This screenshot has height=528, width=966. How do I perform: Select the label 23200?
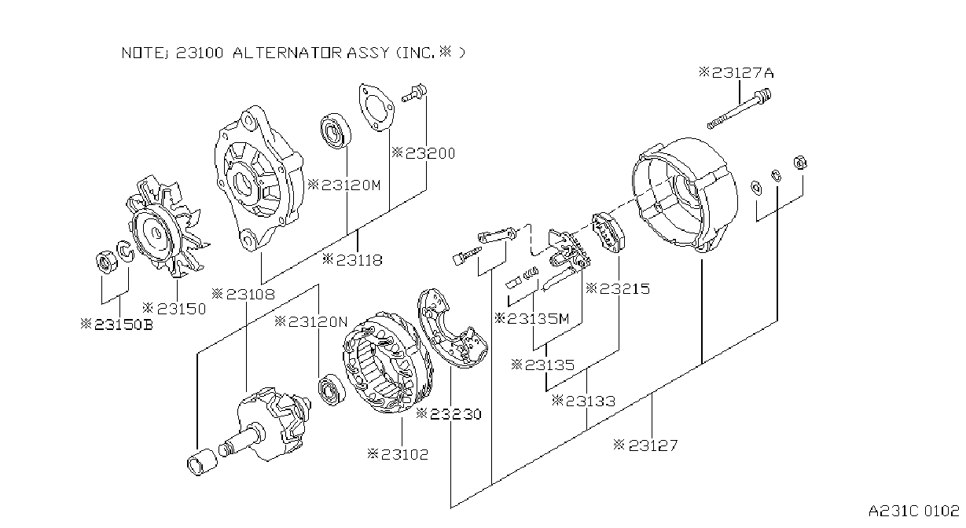coord(424,153)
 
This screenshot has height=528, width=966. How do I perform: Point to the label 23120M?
coord(344,185)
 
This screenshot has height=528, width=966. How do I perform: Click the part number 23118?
coord(353,260)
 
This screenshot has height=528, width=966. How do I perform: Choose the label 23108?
coord(243,295)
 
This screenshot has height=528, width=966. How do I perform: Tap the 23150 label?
coord(174,309)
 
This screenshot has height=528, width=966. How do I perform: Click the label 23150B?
coord(117,324)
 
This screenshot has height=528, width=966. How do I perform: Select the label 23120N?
coord(311,321)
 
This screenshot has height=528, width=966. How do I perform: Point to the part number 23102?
coord(398,454)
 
